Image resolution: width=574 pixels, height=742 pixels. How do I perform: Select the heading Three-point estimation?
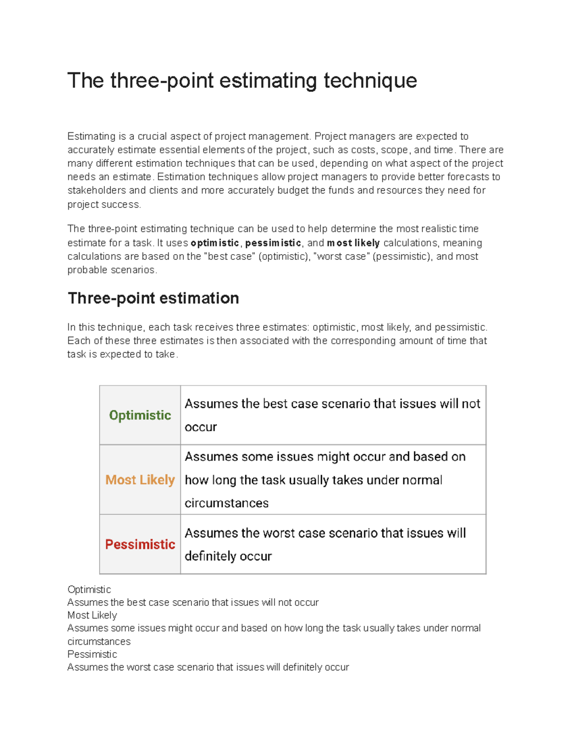pos(153,298)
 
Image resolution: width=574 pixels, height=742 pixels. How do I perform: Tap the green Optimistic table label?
pos(140,415)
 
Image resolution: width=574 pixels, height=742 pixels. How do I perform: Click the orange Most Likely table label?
pos(140,480)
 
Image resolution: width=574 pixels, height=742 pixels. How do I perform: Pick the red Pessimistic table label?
pos(140,544)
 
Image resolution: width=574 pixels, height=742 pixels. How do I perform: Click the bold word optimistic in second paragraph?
pos(215,243)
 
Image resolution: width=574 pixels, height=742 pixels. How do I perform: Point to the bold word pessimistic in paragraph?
pos(273,243)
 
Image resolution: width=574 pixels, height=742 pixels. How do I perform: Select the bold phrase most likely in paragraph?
pos(353,243)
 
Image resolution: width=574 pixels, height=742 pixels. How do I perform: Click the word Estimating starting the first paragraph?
pos(91,136)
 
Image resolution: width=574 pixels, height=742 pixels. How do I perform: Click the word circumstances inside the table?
pos(226,503)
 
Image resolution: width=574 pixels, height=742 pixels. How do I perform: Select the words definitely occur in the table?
pos(228,556)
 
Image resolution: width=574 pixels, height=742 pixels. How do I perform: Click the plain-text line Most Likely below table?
pos(92,615)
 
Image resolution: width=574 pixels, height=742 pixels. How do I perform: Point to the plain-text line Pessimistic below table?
pos(92,654)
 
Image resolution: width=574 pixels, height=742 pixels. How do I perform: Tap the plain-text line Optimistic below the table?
pos(89,590)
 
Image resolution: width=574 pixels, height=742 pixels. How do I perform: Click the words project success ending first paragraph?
pos(104,204)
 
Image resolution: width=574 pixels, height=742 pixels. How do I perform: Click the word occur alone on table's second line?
pos(200,427)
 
